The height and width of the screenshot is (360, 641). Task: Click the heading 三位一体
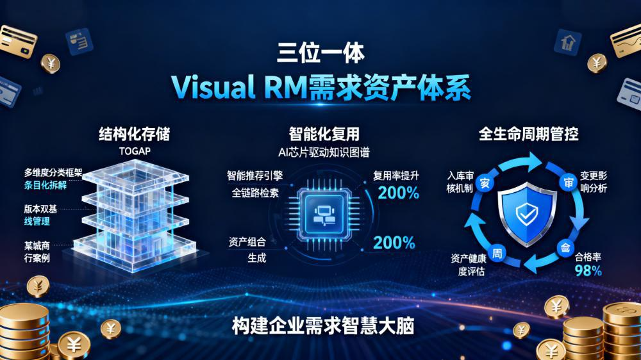pyautogui.click(x=320, y=52)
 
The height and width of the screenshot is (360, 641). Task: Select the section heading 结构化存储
pyautogui.click(x=134, y=134)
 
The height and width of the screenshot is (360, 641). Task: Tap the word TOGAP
pyautogui.click(x=134, y=151)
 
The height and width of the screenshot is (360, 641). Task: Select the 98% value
pyautogui.click(x=588, y=270)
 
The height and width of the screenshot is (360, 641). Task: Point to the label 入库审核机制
pyautogui.click(x=460, y=181)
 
